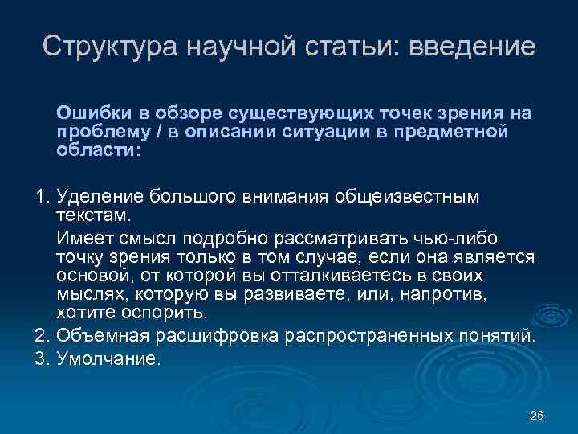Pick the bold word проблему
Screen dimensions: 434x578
point(97,132)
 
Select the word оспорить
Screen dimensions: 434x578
point(162,312)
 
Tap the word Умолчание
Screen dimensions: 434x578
point(108,358)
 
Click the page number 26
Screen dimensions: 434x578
point(537,416)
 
